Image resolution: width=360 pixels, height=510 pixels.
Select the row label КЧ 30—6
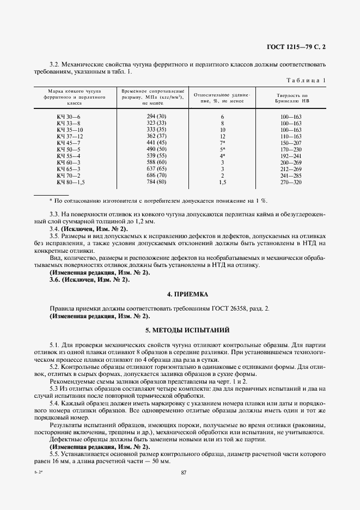click(69, 117)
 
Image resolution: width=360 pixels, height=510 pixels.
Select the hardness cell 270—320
click(291, 182)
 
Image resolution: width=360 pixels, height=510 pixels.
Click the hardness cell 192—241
click(291, 156)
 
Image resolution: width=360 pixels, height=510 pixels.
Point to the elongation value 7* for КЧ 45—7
click(222, 143)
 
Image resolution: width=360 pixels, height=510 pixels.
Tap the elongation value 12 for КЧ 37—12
click(222, 136)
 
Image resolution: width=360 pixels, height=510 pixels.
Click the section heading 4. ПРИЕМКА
click(187, 294)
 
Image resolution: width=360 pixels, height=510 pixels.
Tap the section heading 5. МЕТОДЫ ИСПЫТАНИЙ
click(187, 330)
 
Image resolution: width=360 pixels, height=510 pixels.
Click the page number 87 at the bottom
click(184, 473)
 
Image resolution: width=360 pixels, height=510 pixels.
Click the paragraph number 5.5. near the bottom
click(55, 454)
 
